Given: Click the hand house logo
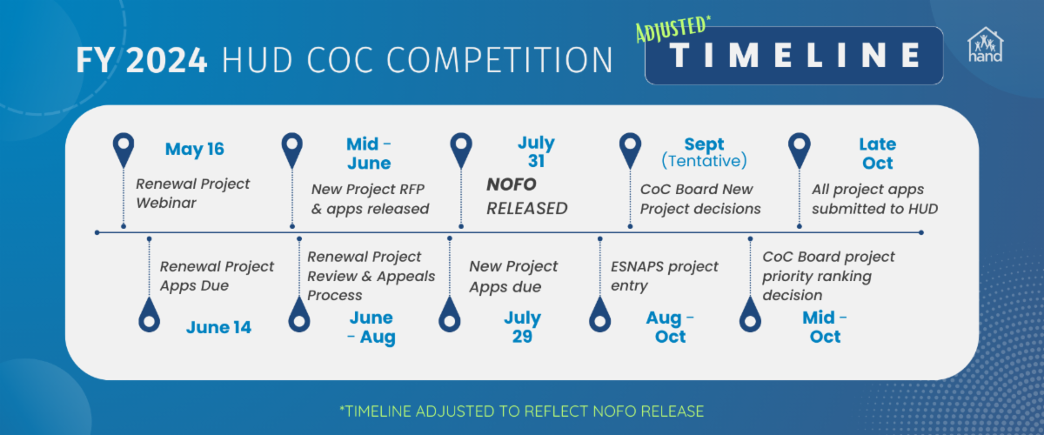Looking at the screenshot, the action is (x=985, y=44).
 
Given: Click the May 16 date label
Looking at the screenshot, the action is (x=195, y=149).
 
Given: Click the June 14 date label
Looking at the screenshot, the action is (x=218, y=327).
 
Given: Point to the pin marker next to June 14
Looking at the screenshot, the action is (x=149, y=315).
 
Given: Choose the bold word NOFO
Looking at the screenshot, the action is (x=512, y=184).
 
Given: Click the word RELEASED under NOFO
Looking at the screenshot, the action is (x=527, y=209).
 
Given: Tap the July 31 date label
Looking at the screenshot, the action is (x=536, y=152).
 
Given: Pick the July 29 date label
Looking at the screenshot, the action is (x=523, y=327).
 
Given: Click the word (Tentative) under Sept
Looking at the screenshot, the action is (x=704, y=161).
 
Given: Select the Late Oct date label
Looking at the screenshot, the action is (x=878, y=153).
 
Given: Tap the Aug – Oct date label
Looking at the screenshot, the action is (x=670, y=327).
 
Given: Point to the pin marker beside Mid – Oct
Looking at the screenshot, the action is (x=750, y=315).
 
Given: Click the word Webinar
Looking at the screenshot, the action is (x=166, y=204).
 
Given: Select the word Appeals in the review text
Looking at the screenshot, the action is (x=406, y=277).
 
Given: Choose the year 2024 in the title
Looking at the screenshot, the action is (x=166, y=60).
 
